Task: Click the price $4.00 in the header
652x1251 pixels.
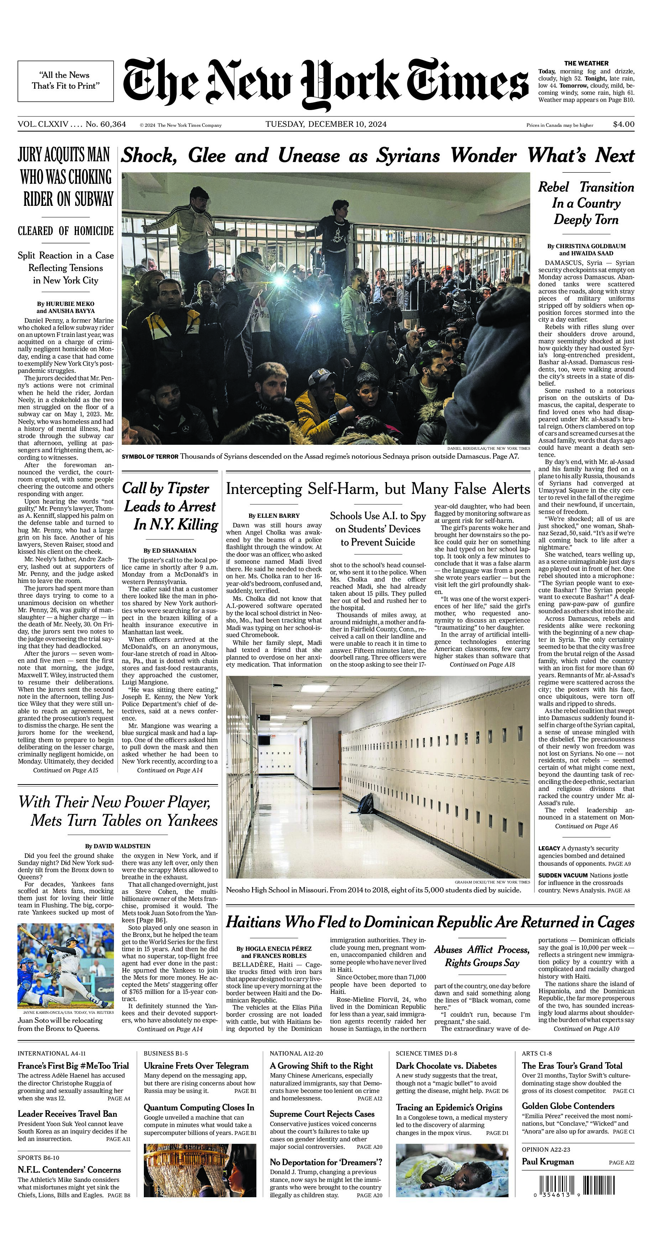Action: (624, 124)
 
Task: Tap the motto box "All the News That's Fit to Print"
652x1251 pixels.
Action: (66, 80)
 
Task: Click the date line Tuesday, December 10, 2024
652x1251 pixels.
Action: (326, 124)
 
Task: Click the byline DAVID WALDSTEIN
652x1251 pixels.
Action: (118, 846)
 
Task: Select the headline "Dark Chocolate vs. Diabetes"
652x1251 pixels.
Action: (446, 1066)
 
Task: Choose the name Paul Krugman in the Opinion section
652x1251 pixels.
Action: (547, 1162)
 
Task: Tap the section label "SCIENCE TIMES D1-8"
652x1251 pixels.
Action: (426, 1053)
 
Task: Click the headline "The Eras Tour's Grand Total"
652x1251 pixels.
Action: (572, 1066)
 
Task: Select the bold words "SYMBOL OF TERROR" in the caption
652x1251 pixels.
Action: (150, 457)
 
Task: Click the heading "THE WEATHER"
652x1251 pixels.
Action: (586, 63)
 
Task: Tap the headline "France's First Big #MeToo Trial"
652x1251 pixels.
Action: (73, 1066)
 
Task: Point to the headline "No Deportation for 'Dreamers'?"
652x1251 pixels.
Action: (326, 1162)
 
